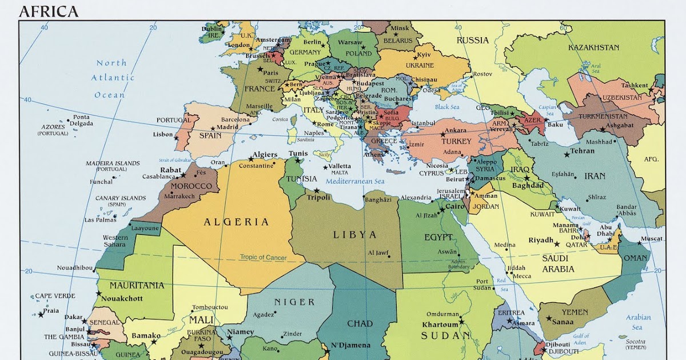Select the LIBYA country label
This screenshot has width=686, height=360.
coord(355,235)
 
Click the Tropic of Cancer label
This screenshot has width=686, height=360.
coord(263,258)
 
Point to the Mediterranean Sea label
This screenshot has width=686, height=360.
coord(355,182)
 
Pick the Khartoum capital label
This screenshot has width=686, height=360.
coord(440,325)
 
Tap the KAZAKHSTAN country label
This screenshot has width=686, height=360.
coord(593,47)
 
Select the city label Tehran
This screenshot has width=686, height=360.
coord(583,151)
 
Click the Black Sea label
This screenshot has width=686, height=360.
coord(447,107)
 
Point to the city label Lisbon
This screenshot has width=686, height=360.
coord(162,135)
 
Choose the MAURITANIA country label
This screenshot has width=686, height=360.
coord(137,285)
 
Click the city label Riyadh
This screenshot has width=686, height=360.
coord(540,240)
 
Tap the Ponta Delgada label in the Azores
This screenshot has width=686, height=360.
coord(81,120)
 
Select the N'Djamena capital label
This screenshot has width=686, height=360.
coord(351,345)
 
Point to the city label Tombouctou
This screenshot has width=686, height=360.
coord(210,307)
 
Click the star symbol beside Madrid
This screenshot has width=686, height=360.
coord(213,129)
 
